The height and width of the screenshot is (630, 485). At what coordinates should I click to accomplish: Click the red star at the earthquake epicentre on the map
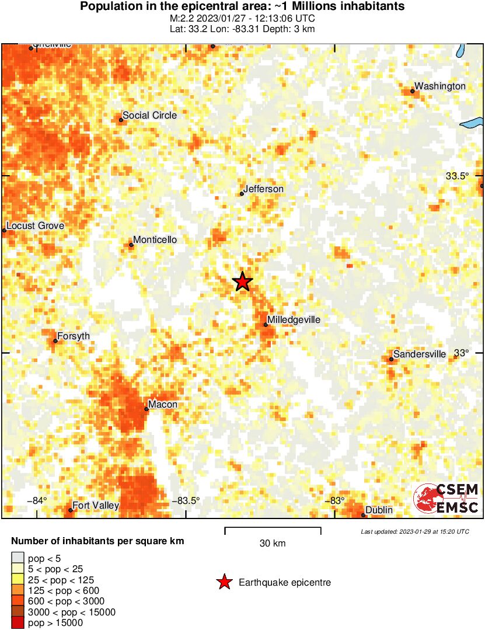tap(243, 282)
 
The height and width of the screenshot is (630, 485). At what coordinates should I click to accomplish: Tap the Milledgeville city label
tap(294, 320)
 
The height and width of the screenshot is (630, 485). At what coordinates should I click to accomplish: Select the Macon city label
tap(163, 405)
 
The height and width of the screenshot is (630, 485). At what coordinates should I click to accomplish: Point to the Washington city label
tap(440, 86)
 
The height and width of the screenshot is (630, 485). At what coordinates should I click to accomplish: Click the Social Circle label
tap(149, 116)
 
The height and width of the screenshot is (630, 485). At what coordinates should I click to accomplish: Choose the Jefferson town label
tap(263, 189)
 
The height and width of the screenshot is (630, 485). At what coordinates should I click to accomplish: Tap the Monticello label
tap(155, 240)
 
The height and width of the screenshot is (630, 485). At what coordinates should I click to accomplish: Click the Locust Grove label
tap(35, 226)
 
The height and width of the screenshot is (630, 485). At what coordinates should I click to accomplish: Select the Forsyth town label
tap(74, 336)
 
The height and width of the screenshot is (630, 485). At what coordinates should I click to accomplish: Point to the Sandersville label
tap(420, 354)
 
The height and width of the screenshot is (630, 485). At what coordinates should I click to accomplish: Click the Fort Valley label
tap(96, 506)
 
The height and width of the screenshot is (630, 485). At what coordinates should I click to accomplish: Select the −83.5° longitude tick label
tap(186, 500)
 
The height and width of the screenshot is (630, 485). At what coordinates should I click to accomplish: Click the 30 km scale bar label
tap(273, 544)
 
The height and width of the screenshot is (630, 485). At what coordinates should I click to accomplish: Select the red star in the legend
tap(224, 582)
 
